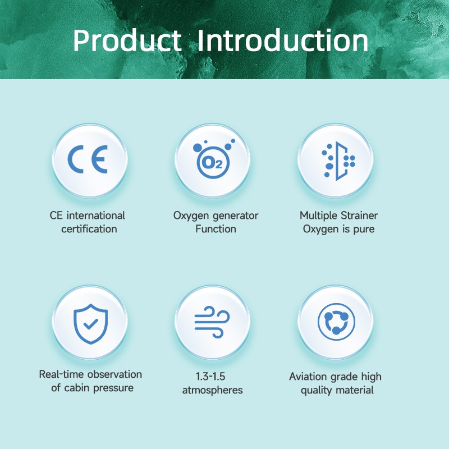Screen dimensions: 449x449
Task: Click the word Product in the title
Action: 127,40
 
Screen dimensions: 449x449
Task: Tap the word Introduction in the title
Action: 283,40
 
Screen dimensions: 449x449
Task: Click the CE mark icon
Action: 88,159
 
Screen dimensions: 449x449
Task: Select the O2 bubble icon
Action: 214,159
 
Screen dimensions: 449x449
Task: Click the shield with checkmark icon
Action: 91,324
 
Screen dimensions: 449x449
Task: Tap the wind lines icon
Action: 212,322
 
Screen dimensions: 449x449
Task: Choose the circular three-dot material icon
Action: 336,322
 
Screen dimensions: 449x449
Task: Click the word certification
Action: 89,229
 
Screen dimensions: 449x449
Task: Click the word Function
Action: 216,229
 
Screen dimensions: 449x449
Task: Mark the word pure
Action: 364,230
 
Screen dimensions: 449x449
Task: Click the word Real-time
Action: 62,374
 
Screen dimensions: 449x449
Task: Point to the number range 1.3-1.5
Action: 210,377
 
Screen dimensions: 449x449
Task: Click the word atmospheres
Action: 213,390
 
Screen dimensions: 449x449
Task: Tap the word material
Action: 355,390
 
